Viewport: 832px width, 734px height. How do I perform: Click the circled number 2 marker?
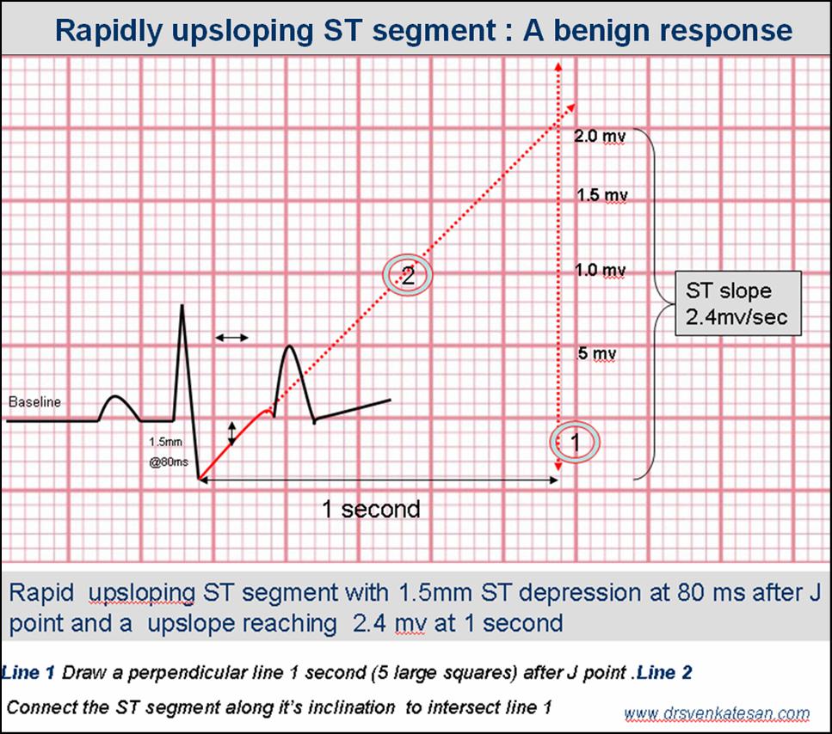coord(408,274)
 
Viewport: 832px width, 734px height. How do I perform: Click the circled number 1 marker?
coord(575,442)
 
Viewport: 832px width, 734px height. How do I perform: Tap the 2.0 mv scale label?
coord(600,136)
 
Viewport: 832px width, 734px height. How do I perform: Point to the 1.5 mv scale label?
coord(602,195)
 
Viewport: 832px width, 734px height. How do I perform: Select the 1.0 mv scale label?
coord(601,270)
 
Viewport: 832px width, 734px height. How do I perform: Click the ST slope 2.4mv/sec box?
coord(738,303)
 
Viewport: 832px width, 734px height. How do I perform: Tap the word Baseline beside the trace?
coord(34,401)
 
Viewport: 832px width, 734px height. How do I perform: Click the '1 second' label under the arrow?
coord(371,509)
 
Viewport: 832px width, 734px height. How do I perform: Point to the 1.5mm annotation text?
coord(165,442)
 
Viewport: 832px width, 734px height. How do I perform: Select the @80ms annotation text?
coord(169,462)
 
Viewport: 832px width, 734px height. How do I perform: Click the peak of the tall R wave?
coord(182,305)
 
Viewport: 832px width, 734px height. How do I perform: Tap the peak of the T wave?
coord(289,346)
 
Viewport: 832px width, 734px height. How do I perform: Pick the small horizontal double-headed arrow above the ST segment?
coord(232,337)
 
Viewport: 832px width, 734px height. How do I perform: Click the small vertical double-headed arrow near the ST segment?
coord(231,433)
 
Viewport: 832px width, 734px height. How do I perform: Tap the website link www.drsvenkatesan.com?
coord(717,713)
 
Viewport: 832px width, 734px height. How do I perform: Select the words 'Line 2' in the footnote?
coord(664,672)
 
